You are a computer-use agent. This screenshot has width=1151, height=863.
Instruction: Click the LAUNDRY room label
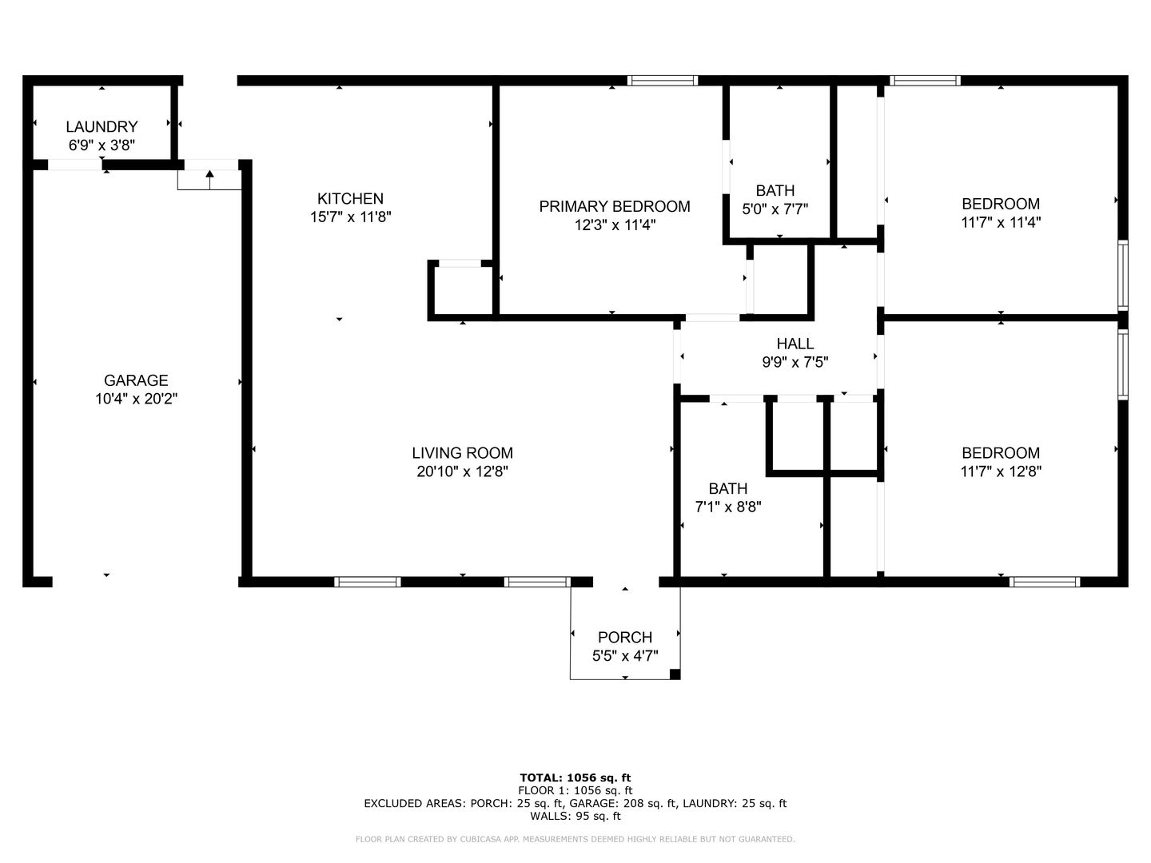pyautogui.click(x=102, y=127)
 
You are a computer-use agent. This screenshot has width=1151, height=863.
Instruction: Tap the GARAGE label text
pyautogui.click(x=136, y=380)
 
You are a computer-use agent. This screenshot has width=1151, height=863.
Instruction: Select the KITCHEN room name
pyautogui.click(x=350, y=199)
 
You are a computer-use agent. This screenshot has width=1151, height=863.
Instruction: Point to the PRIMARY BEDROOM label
pyautogui.click(x=615, y=206)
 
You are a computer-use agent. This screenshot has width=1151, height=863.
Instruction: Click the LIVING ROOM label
pyautogui.click(x=463, y=453)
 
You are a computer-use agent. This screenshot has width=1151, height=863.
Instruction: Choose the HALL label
pyautogui.click(x=795, y=344)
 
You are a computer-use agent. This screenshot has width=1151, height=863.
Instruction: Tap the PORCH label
pyautogui.click(x=625, y=637)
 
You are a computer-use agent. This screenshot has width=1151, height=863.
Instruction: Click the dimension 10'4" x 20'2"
pyautogui.click(x=137, y=400)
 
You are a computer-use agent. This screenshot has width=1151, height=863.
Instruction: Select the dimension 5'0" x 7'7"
pyautogui.click(x=775, y=209)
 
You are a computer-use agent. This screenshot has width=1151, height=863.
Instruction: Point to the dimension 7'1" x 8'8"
pyautogui.click(x=728, y=507)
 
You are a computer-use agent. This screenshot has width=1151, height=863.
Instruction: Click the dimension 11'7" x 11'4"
pyautogui.click(x=1001, y=222)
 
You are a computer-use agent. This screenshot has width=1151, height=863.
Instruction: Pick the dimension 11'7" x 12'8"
pyautogui.click(x=1001, y=471)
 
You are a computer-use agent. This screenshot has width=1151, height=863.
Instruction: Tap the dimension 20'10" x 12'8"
pyautogui.click(x=463, y=471)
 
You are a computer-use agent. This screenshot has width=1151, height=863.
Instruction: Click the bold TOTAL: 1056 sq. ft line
pyautogui.click(x=575, y=777)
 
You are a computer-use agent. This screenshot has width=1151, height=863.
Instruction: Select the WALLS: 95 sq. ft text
pyautogui.click(x=575, y=816)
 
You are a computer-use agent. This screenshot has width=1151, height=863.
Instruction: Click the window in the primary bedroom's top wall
pyautogui.click(x=663, y=80)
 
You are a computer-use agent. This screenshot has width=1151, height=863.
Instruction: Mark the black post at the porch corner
pyautogui.click(x=675, y=674)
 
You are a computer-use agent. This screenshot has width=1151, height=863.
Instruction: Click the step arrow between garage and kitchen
pyautogui.click(x=209, y=179)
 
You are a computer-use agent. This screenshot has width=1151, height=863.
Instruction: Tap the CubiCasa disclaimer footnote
pyautogui.click(x=575, y=839)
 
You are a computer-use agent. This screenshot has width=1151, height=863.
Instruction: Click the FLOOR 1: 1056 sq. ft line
pyautogui.click(x=575, y=791)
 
